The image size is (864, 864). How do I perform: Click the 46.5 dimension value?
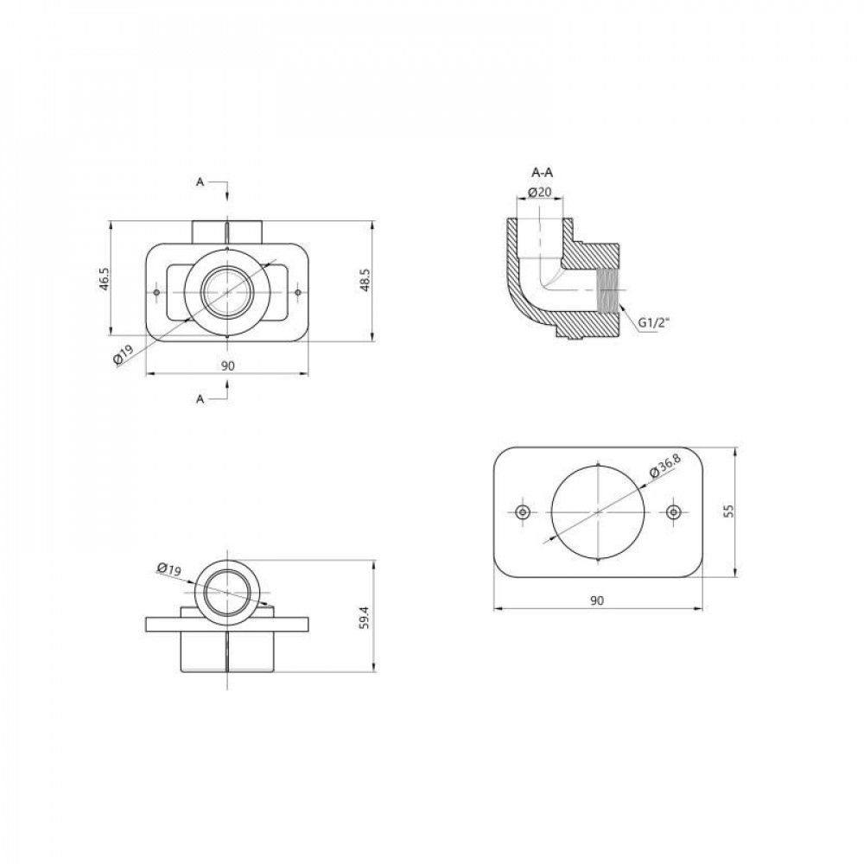point(105,279)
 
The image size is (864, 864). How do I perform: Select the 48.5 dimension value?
point(365,279)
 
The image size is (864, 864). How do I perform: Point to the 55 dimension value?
point(729,511)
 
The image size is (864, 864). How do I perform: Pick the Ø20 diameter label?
point(539,193)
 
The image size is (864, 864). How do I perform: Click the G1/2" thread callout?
point(653,323)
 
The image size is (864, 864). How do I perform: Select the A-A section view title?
point(543,173)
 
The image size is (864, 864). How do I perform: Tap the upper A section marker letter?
point(200,181)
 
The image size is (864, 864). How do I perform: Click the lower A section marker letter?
point(200,399)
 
